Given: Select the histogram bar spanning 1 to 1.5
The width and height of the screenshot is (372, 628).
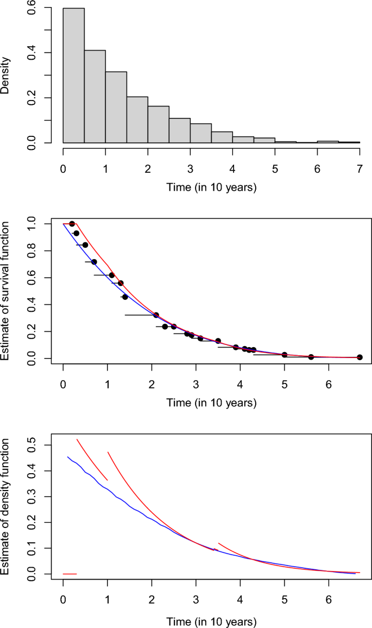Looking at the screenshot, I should [116, 107].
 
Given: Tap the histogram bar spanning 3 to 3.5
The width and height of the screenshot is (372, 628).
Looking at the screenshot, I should [201, 133].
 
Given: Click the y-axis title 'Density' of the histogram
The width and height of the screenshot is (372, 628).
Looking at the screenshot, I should [5, 76].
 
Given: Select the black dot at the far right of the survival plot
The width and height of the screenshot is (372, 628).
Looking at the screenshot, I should [360, 357].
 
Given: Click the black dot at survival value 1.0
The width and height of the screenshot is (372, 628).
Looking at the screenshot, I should [72, 224].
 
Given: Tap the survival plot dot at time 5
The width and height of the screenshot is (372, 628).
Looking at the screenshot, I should [285, 354].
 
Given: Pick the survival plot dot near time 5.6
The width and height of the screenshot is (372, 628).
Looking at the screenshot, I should [311, 357].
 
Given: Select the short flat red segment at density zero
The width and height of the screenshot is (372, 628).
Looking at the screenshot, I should [70, 574].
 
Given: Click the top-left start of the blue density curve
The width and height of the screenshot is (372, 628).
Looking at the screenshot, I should [68, 457].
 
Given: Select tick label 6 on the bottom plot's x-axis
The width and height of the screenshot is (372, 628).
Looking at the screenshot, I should [329, 598].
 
